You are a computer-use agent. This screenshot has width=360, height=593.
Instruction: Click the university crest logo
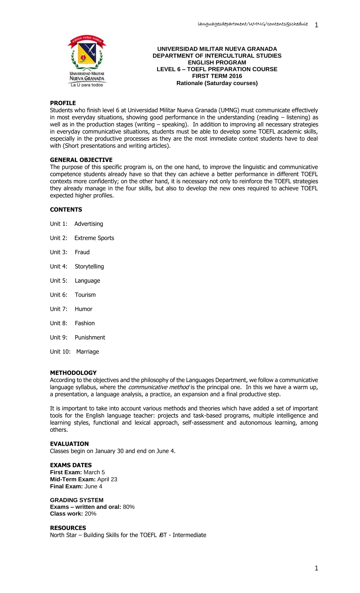87,60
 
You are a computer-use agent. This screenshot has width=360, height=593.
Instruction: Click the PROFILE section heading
63,103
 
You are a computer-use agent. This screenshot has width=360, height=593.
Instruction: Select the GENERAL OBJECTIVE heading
81,160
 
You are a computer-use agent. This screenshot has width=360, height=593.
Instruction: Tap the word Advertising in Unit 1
89,224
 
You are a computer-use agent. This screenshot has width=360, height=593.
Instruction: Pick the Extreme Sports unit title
94,238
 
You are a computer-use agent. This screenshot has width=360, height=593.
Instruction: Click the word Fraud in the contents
82,252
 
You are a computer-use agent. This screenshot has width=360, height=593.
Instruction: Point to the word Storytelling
89,266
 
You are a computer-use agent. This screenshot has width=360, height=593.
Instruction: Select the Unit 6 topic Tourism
85,295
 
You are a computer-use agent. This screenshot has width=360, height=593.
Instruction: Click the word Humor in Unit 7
84,309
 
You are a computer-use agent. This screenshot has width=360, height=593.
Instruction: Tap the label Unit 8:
59,323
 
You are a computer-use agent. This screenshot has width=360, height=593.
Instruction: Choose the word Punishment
90,337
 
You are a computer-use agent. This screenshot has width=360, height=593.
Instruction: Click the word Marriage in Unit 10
87,352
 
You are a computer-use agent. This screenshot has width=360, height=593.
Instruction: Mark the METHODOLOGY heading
73,373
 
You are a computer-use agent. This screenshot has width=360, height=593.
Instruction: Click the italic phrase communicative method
158,387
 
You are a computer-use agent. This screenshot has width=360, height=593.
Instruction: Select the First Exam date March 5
94,472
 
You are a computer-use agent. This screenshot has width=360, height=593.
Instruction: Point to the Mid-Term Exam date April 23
107,480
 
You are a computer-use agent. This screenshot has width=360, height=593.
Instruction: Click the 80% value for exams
129,507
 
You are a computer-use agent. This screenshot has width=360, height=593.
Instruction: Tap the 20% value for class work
90,514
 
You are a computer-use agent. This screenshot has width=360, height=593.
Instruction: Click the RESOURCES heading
68,528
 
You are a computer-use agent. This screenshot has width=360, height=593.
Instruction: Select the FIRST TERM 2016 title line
217,76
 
